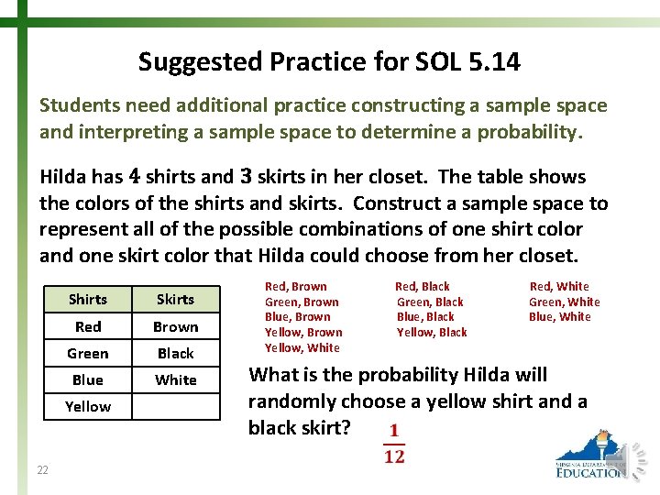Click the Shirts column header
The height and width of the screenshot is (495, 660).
(88, 299)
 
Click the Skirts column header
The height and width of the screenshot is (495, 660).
(175, 299)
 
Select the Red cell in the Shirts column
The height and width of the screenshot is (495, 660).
(88, 326)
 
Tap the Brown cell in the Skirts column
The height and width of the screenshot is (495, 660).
(175, 326)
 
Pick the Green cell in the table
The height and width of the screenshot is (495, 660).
(88, 353)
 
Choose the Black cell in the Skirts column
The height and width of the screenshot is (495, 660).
(175, 353)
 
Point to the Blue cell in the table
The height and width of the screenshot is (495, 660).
(88, 379)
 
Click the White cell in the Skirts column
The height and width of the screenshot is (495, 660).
(175, 379)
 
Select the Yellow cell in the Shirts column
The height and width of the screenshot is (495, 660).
(88, 406)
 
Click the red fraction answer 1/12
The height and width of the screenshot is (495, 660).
(394, 443)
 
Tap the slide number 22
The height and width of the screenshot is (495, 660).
(43, 470)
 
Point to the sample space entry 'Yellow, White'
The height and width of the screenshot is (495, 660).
(302, 348)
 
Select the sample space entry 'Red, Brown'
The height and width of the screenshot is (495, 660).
(295, 287)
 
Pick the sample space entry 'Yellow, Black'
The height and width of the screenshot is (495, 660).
(432, 333)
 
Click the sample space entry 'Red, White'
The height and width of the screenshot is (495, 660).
(559, 287)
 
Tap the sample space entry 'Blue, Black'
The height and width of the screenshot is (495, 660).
(425, 317)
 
